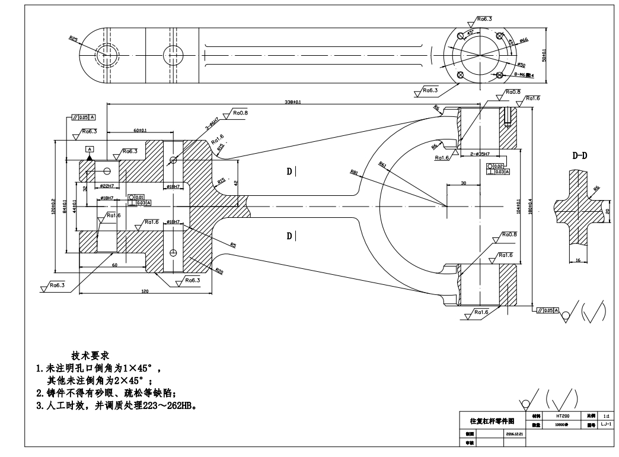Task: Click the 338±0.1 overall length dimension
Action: (293, 102)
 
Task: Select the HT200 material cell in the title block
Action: (562, 416)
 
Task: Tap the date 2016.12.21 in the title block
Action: (513, 434)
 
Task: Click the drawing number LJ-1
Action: (605, 425)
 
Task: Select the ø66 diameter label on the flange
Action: (524, 40)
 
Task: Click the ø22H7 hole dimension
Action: (107, 186)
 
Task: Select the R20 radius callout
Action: (219, 272)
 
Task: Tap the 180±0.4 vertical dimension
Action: (537, 208)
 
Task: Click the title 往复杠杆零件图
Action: (492, 421)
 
